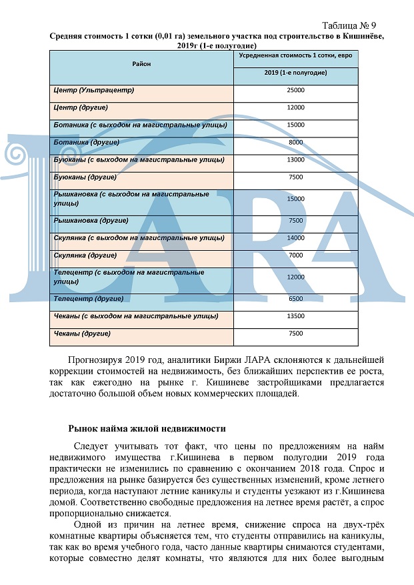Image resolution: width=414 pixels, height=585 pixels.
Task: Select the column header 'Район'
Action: click(x=141, y=64)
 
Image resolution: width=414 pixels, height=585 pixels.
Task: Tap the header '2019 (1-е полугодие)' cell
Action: click(x=295, y=72)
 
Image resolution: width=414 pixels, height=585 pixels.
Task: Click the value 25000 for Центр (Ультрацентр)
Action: click(x=295, y=90)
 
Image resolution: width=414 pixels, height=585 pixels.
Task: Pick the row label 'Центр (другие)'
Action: click(x=79, y=107)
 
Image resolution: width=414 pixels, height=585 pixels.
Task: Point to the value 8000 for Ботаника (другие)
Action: click(x=295, y=143)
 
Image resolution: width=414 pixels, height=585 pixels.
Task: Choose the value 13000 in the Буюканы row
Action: click(x=295, y=160)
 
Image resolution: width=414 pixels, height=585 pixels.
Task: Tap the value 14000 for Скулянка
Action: click(x=295, y=238)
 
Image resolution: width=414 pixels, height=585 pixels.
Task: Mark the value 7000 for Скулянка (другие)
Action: click(x=295, y=255)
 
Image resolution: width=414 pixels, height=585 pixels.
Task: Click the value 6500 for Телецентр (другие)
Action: click(x=295, y=299)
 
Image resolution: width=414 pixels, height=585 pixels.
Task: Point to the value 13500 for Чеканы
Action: click(x=295, y=316)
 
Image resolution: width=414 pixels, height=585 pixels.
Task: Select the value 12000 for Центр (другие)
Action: click(x=295, y=107)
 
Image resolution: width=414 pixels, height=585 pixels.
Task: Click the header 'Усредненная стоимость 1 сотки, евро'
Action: click(x=295, y=55)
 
